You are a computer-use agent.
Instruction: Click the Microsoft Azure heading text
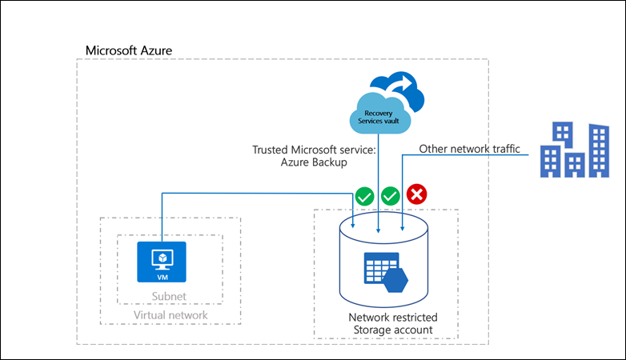(x=129, y=50)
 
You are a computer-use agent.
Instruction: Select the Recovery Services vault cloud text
(x=379, y=116)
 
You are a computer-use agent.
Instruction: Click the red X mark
(x=416, y=194)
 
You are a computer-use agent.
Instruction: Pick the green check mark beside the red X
(x=390, y=194)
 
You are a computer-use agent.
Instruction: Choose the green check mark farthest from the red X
(x=364, y=194)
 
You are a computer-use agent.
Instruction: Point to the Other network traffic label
(x=469, y=149)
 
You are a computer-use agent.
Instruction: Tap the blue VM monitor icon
(x=161, y=257)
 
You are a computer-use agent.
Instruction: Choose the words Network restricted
(x=387, y=317)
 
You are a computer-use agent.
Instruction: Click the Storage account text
(x=387, y=330)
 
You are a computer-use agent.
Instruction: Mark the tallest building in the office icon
(x=596, y=150)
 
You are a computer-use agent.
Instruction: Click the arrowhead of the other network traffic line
(x=402, y=233)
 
